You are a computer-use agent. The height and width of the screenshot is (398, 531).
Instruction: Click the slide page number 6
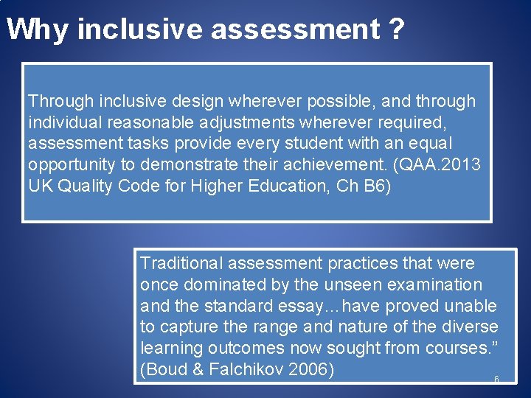click(496, 379)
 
